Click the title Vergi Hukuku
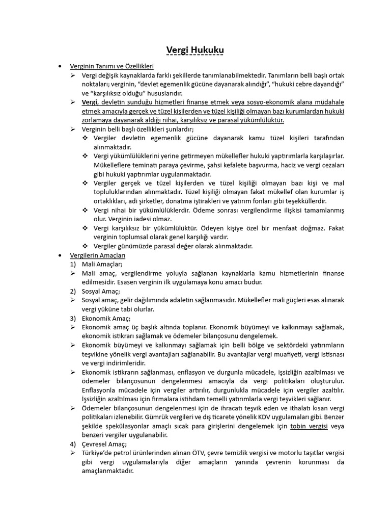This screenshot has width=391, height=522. tap(195, 50)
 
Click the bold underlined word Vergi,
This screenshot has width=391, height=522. tap(90, 102)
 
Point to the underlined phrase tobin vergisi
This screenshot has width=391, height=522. tap(309, 426)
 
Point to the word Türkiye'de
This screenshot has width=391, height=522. tap(99, 453)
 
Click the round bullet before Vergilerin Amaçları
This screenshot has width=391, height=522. tap(60, 255)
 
